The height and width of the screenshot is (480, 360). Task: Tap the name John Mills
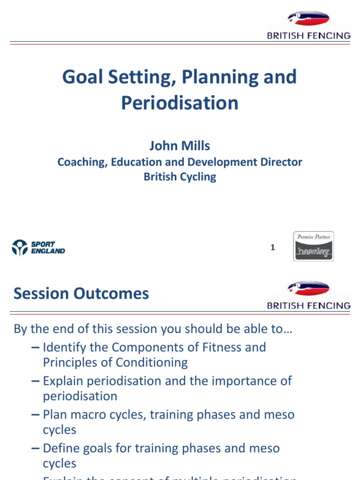point(180,146)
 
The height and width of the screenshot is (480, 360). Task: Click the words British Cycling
point(180,177)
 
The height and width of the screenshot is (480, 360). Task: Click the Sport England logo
point(38,247)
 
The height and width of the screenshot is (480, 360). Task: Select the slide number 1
point(273,247)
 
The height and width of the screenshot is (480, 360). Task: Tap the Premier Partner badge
point(314,246)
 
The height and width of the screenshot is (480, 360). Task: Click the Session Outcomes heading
point(81,294)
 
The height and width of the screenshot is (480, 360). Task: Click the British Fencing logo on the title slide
point(308,25)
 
